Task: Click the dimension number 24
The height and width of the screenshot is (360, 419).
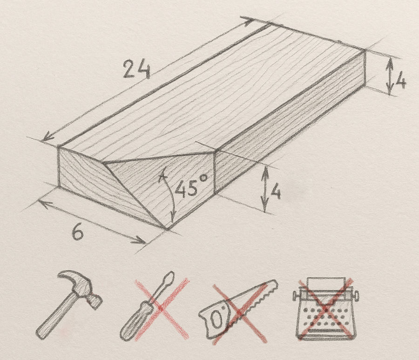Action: pyautogui.click(x=136, y=70)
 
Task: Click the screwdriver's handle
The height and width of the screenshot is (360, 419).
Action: pyautogui.click(x=132, y=321)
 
